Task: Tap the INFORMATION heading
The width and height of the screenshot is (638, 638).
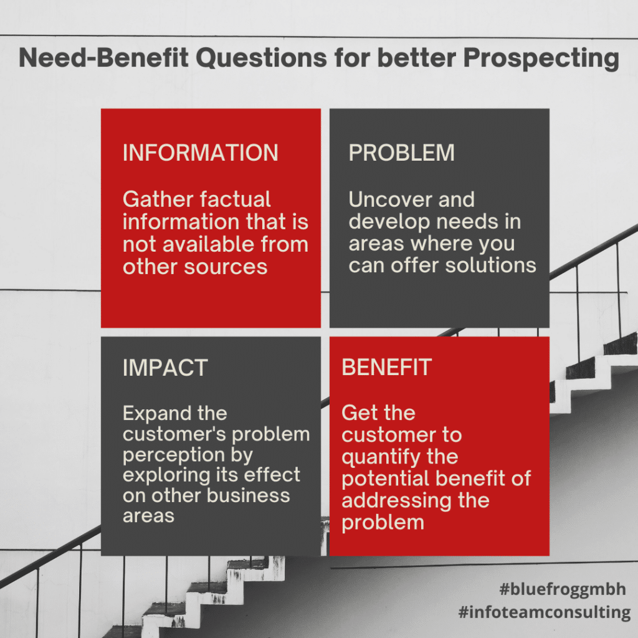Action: click(200, 153)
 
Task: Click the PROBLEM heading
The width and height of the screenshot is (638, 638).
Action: click(401, 153)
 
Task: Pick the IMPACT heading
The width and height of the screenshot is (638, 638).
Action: click(164, 368)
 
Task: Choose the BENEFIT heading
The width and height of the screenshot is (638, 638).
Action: click(386, 368)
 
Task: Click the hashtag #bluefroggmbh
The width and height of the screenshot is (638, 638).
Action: click(562, 589)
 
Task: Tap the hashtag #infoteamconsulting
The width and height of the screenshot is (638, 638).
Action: click(544, 612)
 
